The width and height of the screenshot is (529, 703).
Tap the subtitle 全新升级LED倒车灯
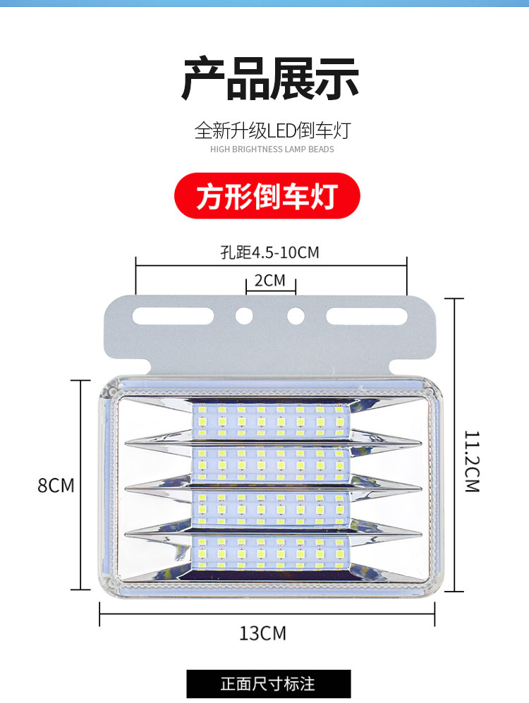click(x=272, y=130)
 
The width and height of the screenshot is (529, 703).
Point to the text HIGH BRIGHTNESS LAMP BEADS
click(x=272, y=149)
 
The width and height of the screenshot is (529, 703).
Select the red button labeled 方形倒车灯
click(x=267, y=195)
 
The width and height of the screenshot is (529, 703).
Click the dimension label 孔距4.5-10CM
click(x=270, y=252)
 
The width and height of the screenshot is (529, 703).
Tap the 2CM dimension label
click(x=270, y=281)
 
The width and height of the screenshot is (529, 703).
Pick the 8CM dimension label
click(x=56, y=485)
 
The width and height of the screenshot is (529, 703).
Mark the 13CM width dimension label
click(x=263, y=632)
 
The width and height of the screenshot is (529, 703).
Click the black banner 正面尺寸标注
click(x=268, y=683)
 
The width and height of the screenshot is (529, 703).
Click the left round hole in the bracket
click(x=244, y=315)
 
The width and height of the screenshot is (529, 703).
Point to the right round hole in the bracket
click(x=295, y=315)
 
